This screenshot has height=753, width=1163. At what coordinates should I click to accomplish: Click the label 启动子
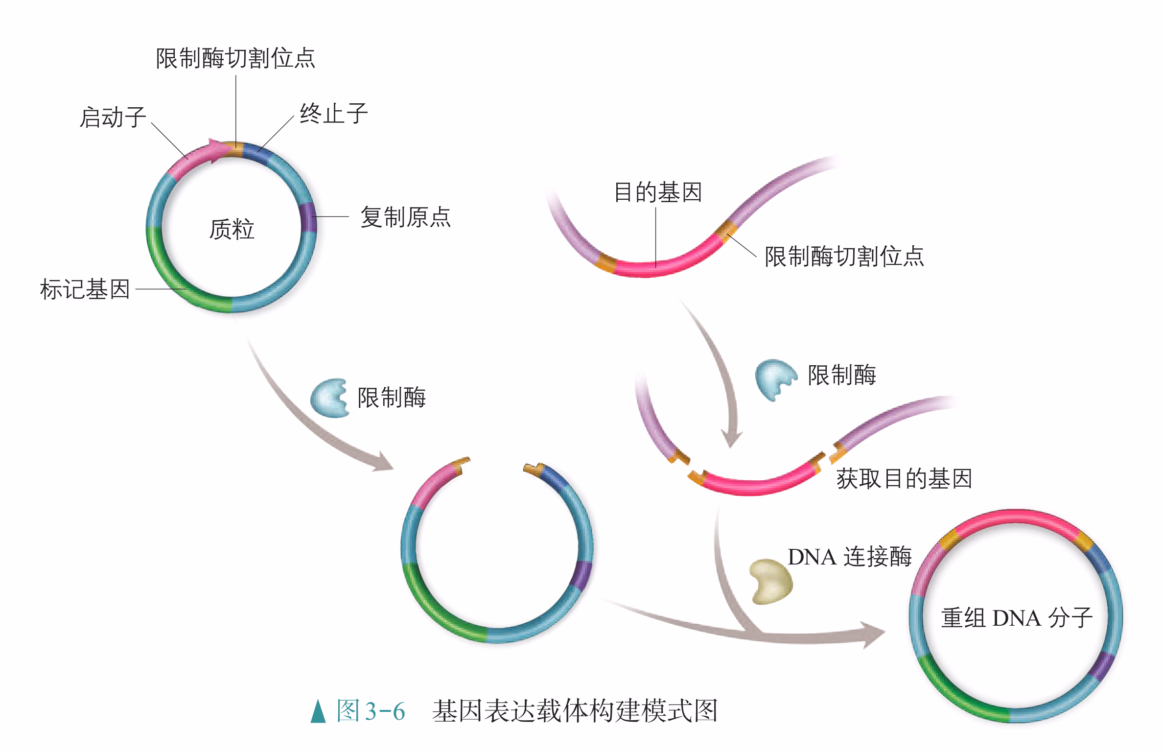(113, 118)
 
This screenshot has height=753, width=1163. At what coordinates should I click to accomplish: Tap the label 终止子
(333, 114)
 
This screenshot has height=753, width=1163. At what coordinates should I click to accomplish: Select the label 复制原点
(405, 217)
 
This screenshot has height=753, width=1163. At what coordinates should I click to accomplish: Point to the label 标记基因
(85, 289)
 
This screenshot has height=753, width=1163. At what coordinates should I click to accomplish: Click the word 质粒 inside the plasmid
(232, 229)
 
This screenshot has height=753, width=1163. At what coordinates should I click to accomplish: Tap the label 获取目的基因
(904, 478)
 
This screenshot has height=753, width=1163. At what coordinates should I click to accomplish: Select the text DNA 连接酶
(850, 557)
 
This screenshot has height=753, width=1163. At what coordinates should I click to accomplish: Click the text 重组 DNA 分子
(1016, 618)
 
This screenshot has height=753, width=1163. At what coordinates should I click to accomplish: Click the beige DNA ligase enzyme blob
(771, 582)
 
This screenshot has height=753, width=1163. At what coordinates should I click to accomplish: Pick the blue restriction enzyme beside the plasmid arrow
(329, 398)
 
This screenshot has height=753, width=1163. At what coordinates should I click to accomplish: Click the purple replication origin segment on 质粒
(308, 217)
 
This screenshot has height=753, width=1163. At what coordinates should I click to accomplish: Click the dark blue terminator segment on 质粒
(256, 151)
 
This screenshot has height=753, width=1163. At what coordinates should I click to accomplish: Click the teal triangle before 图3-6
(318, 711)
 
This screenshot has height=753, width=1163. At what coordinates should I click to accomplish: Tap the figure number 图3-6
(371, 711)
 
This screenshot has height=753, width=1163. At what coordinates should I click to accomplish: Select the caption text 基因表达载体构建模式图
(575, 711)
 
